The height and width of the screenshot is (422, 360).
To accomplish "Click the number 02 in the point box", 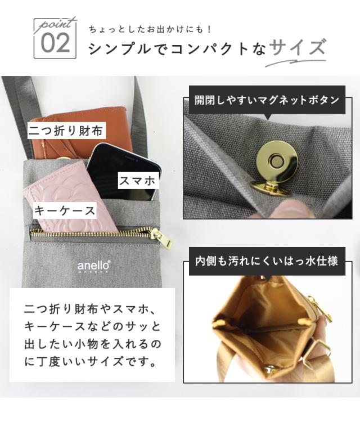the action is click(55, 43).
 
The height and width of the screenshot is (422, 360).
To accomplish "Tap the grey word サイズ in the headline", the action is click(297, 48).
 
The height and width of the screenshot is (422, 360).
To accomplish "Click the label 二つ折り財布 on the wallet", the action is click(66, 131).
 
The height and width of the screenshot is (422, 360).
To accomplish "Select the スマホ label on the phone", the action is click(137, 181).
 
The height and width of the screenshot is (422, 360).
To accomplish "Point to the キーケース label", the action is click(65, 210).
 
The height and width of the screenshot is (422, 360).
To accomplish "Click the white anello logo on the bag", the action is click(93, 266).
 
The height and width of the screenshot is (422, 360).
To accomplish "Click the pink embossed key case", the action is click(70, 199).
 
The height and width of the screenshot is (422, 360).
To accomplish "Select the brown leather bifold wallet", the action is click(80, 134).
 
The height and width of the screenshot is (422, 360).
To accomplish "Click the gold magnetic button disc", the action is click(277, 162).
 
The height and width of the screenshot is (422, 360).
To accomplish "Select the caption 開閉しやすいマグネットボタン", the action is click(267, 100).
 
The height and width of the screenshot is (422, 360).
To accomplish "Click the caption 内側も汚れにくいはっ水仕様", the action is click(267, 261).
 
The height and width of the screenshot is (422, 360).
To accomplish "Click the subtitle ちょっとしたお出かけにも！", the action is click(150, 29).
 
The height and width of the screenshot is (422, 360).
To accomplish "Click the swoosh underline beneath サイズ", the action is click(295, 62).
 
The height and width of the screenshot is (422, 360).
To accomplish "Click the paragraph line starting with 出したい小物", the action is click(93, 344).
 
